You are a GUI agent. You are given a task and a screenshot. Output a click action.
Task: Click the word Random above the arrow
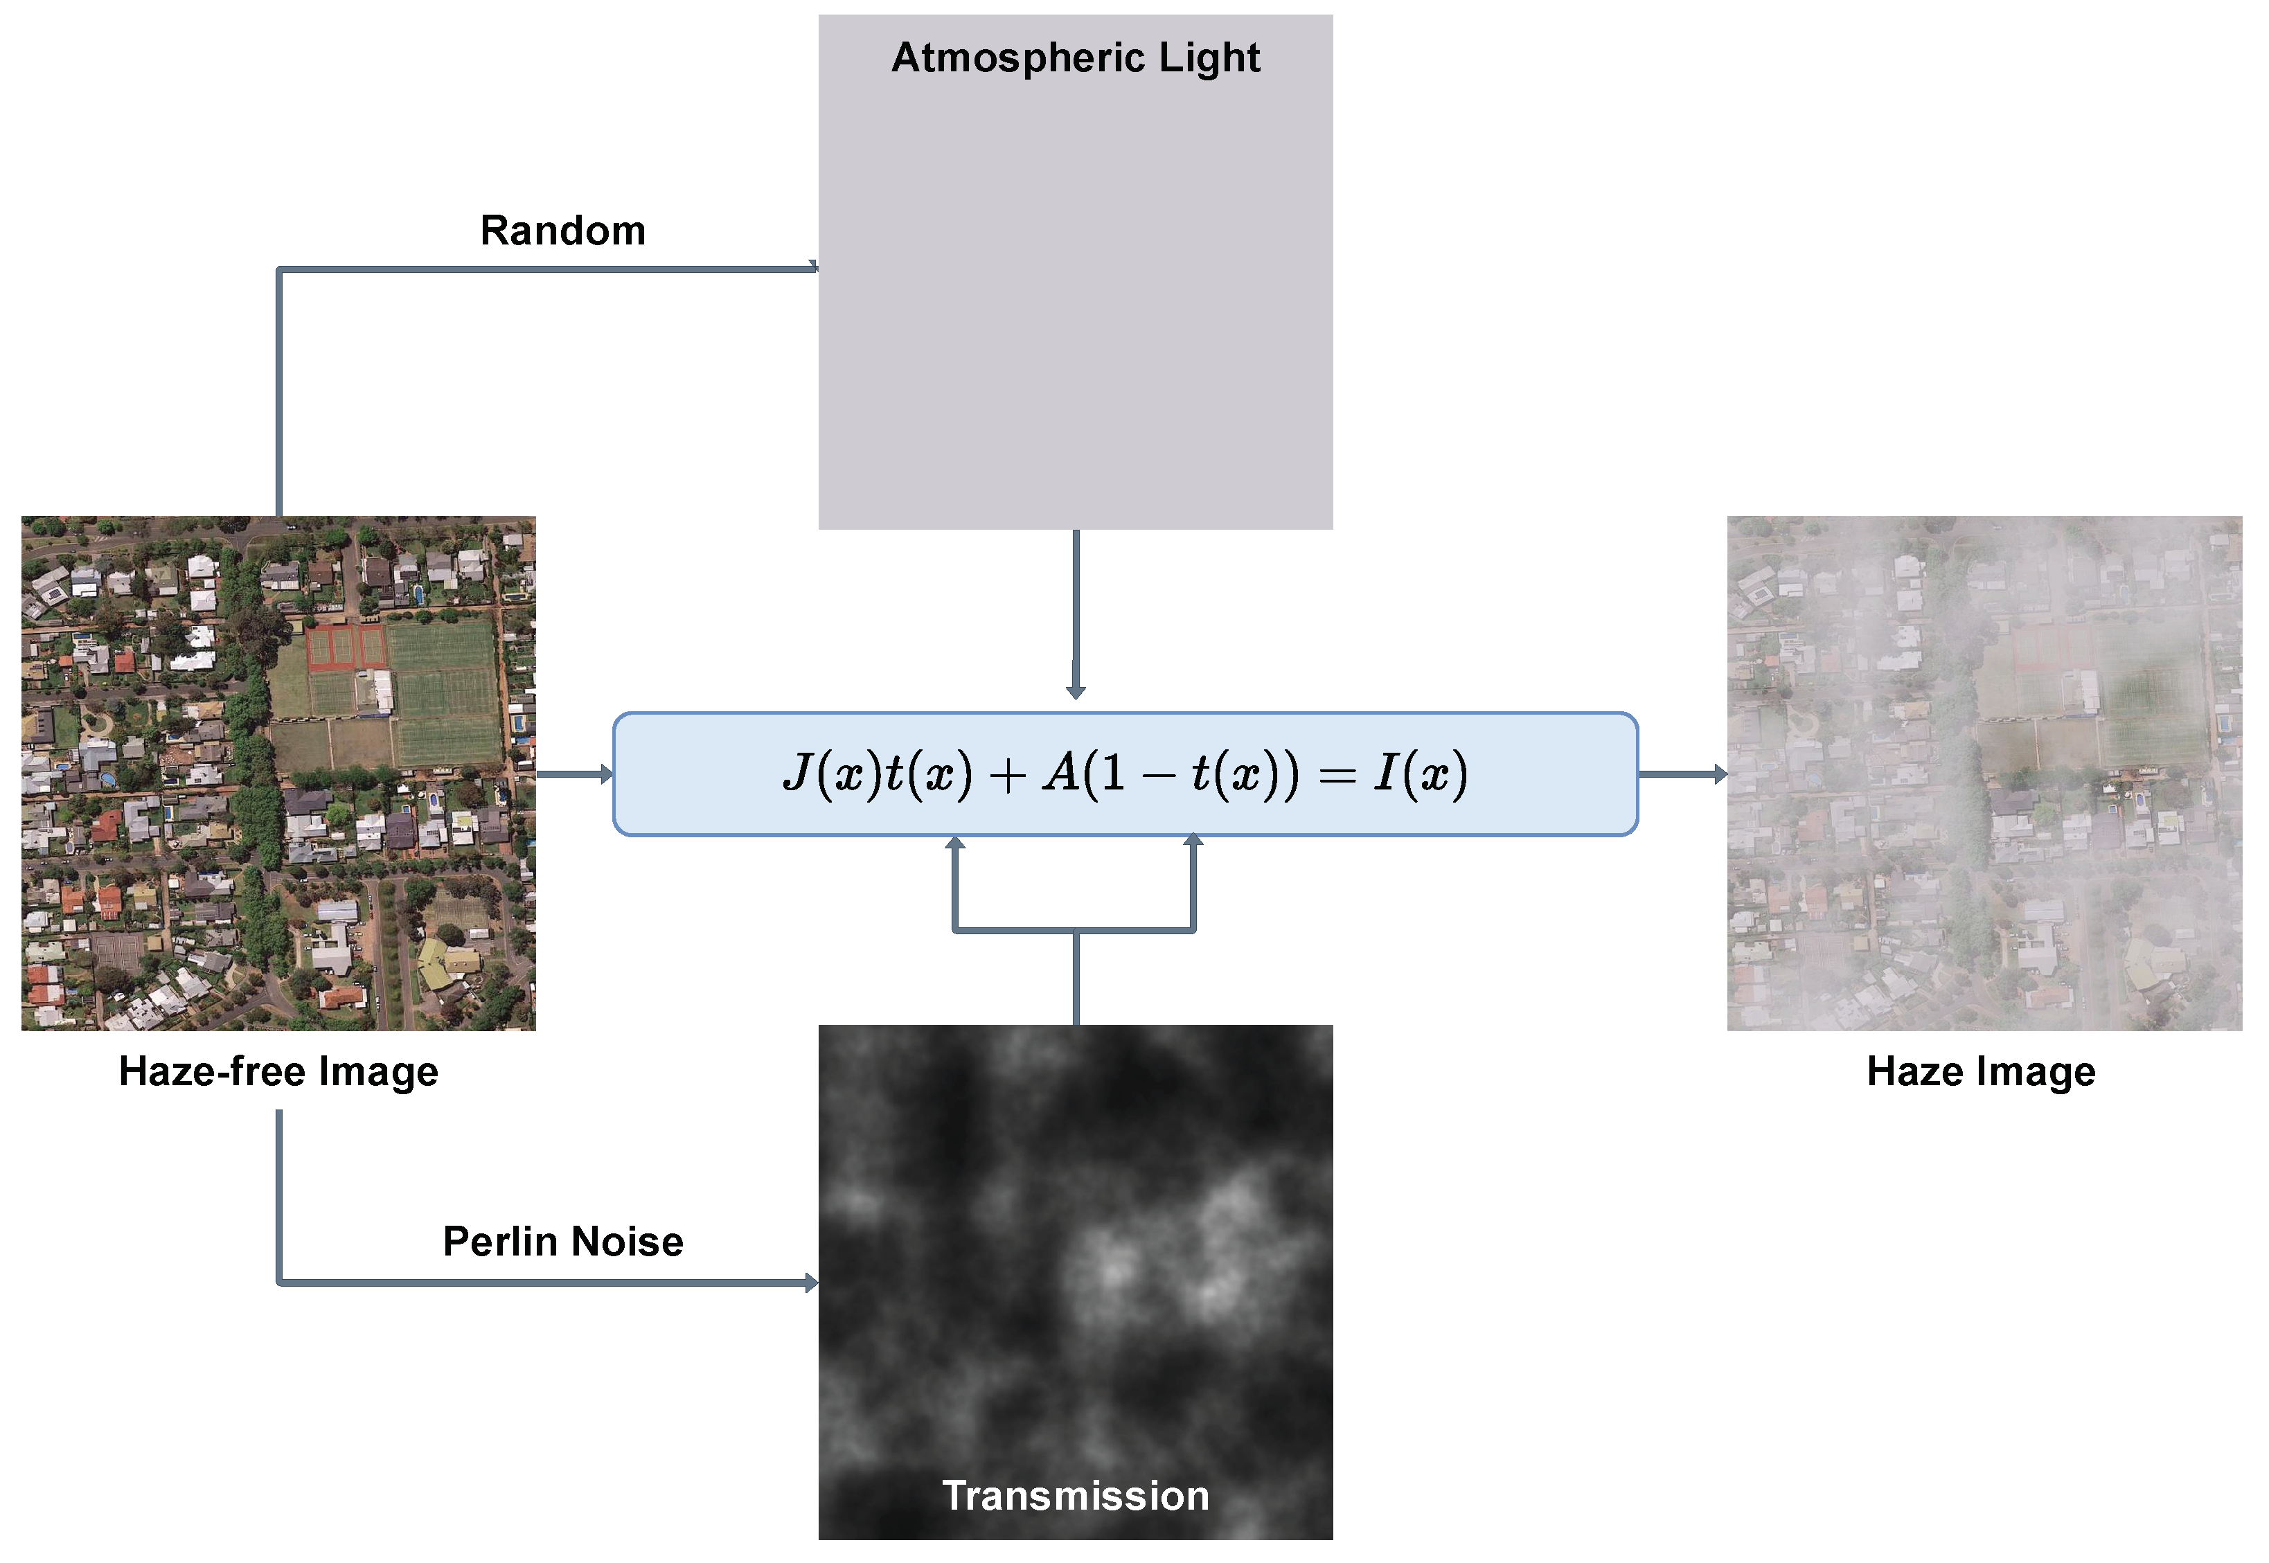[563, 231]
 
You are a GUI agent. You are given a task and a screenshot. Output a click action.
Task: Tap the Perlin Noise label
[563, 1242]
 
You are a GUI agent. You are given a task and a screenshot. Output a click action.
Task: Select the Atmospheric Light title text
[1075, 57]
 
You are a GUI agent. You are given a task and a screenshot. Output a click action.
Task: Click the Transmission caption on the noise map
[1075, 1495]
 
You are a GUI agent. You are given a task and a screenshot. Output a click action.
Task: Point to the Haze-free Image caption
[278, 1071]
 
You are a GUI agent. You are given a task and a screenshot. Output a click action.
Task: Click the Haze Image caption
[1981, 1071]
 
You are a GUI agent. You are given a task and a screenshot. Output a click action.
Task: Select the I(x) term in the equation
[1420, 774]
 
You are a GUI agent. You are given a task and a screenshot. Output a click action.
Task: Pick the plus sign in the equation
[1006, 776]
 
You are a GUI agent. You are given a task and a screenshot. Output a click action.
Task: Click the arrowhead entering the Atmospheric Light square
[813, 267]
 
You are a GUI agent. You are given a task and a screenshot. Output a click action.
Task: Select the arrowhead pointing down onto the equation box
[1075, 693]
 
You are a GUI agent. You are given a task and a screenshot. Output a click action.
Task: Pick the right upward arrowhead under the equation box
[1193, 840]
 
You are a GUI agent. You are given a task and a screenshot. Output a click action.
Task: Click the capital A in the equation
[1060, 774]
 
